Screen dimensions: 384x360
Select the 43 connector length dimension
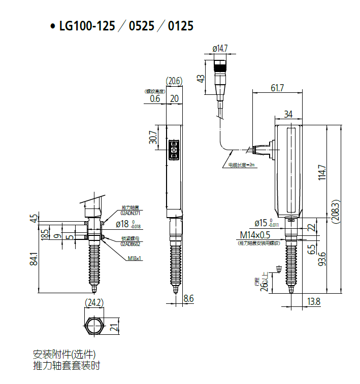coord(201,78)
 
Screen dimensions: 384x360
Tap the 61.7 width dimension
coord(277,88)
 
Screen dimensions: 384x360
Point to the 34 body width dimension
coord(288,114)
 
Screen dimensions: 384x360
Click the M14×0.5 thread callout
coord(262,235)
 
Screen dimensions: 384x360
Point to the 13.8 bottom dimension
coord(314,302)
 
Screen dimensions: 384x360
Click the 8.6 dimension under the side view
coord(188,299)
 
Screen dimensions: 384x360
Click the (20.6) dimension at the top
coord(174,81)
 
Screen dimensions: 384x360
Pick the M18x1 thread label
coord(135,258)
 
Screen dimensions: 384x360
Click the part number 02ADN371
coord(130,213)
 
